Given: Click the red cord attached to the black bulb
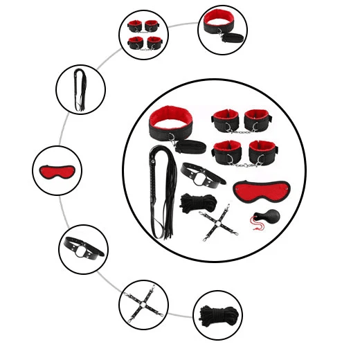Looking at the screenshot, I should pos(256,222).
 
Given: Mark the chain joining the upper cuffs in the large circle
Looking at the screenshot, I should pos(240,132).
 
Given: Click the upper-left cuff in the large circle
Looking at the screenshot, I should pos(226,120).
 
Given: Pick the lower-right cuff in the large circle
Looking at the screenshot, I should pos(262,152).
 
